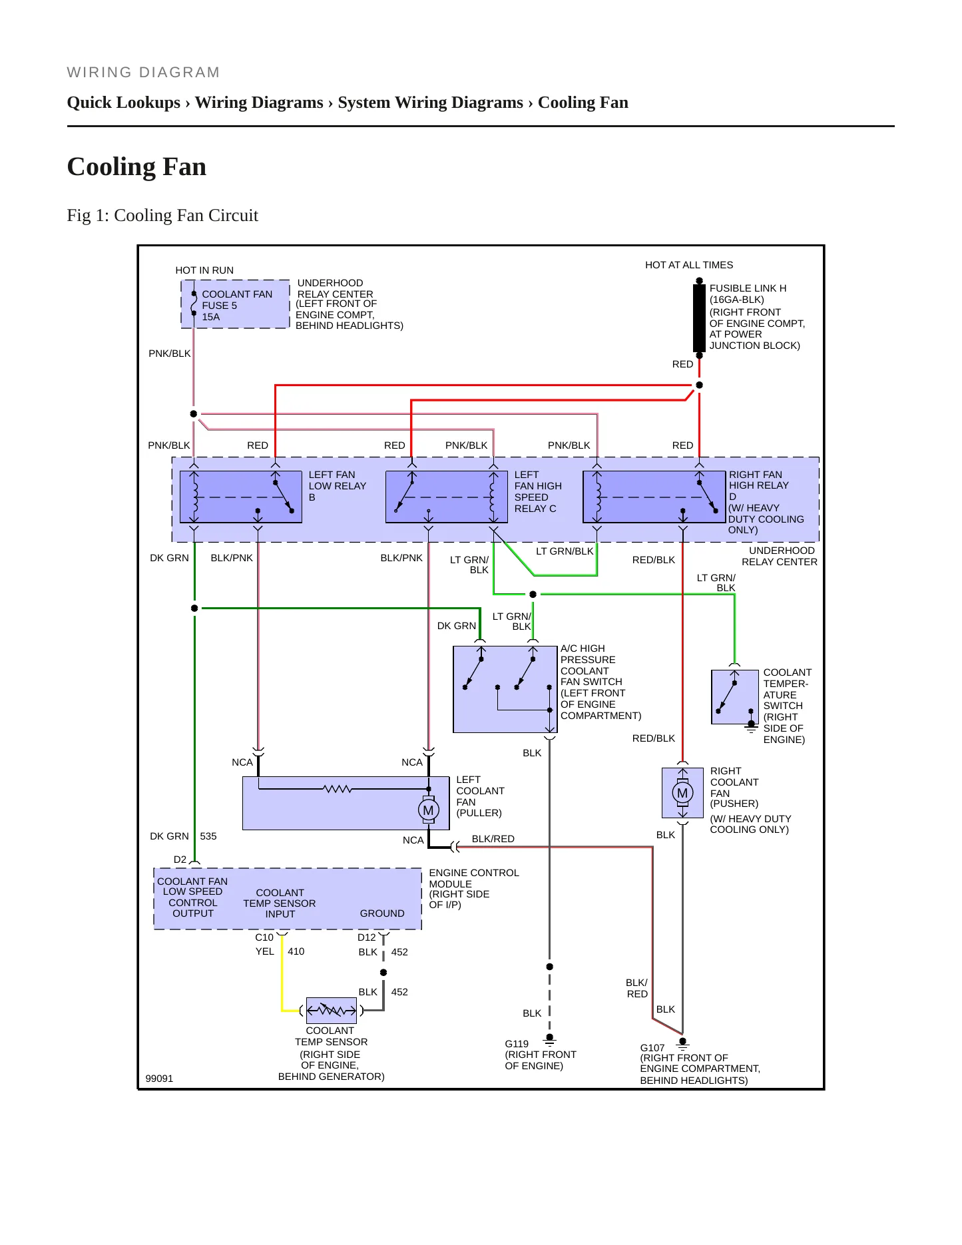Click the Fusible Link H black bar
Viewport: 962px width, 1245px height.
tap(699, 318)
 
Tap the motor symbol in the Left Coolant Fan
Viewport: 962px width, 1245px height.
tap(428, 810)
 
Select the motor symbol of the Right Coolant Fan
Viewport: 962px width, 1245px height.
tap(682, 793)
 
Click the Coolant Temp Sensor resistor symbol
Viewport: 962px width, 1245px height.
tap(332, 1011)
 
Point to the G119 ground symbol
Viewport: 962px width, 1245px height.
tap(549, 1039)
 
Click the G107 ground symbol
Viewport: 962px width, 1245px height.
tap(682, 1043)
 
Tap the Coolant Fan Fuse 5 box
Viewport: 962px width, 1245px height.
tap(236, 304)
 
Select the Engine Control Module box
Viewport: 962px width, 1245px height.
tap(288, 899)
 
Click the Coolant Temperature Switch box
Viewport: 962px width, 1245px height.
tap(735, 697)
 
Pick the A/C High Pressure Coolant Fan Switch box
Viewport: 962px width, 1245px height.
tap(505, 689)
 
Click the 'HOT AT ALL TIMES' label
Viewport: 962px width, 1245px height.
tap(689, 265)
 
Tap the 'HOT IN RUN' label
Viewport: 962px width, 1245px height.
tap(204, 270)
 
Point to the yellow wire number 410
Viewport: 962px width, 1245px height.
tap(296, 951)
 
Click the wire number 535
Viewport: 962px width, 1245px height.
tap(208, 836)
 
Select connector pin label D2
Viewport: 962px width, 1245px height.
tap(180, 860)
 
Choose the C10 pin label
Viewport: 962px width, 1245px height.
tap(264, 937)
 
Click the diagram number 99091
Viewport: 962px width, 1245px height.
tap(159, 1079)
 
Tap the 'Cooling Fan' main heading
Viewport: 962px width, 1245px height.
tap(136, 166)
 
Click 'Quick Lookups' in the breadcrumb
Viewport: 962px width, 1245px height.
tap(124, 103)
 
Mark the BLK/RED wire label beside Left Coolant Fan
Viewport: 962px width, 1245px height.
tap(493, 839)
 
